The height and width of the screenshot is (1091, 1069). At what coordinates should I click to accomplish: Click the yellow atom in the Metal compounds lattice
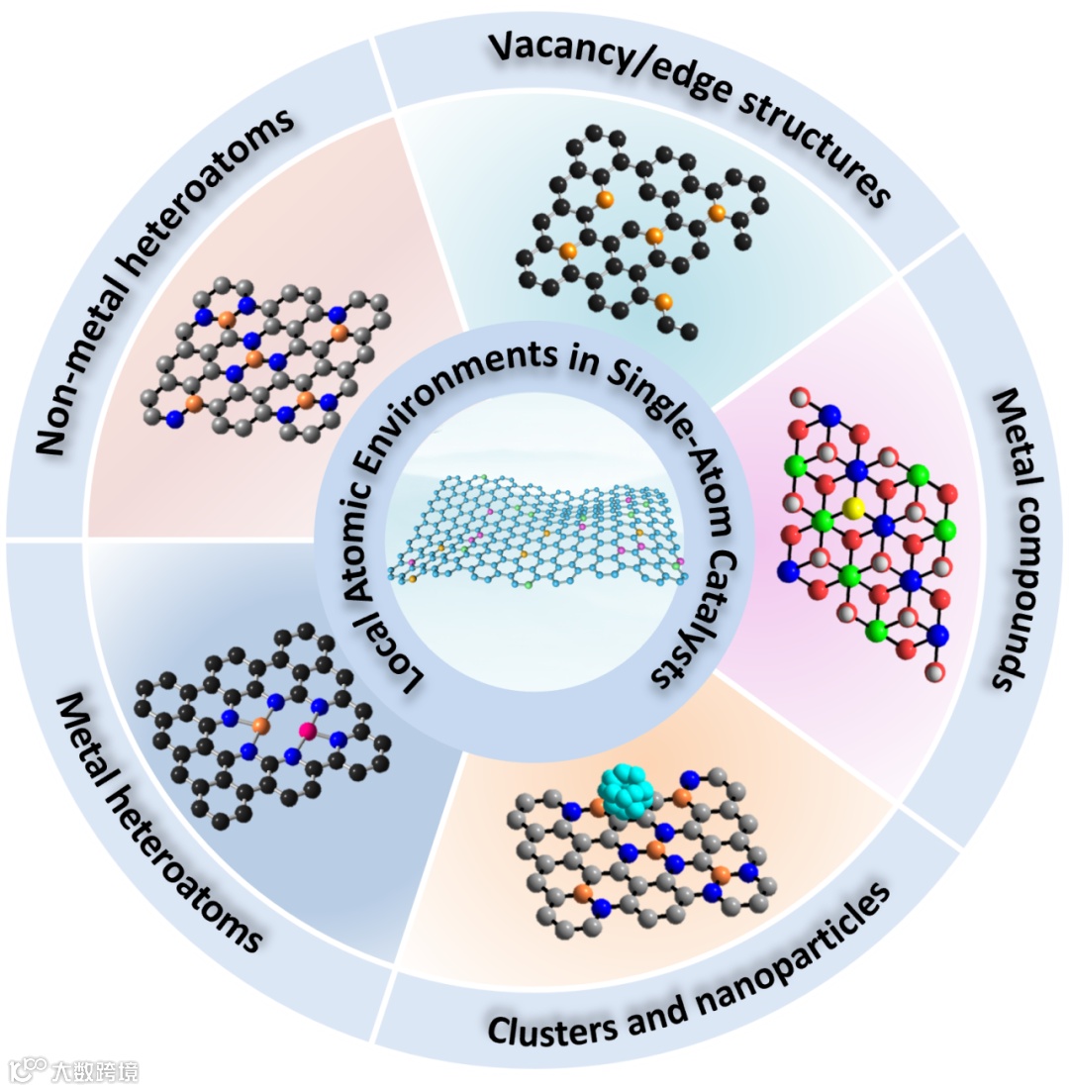(x=856, y=508)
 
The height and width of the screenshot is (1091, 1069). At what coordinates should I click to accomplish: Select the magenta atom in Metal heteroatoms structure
(x=308, y=731)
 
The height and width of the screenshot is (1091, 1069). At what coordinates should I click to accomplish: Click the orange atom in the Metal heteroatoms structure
(x=260, y=726)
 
